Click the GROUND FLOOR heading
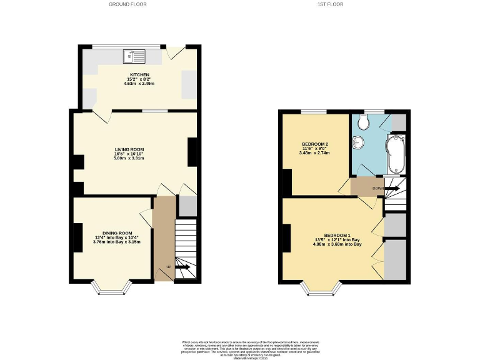pyautogui.click(x=124, y=4)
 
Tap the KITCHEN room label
pyautogui.click(x=139, y=75)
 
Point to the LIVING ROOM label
pyautogui.click(x=129, y=149)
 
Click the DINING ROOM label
pyautogui.click(x=113, y=233)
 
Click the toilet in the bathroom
pyautogui.click(x=362, y=122)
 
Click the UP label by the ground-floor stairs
pyautogui.click(x=168, y=267)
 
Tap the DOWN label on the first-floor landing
pyautogui.click(x=377, y=187)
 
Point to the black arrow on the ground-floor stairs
pyautogui.click(x=182, y=267)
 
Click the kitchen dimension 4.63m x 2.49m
pyautogui.click(x=139, y=84)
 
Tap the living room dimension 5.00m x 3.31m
pyautogui.click(x=129, y=158)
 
